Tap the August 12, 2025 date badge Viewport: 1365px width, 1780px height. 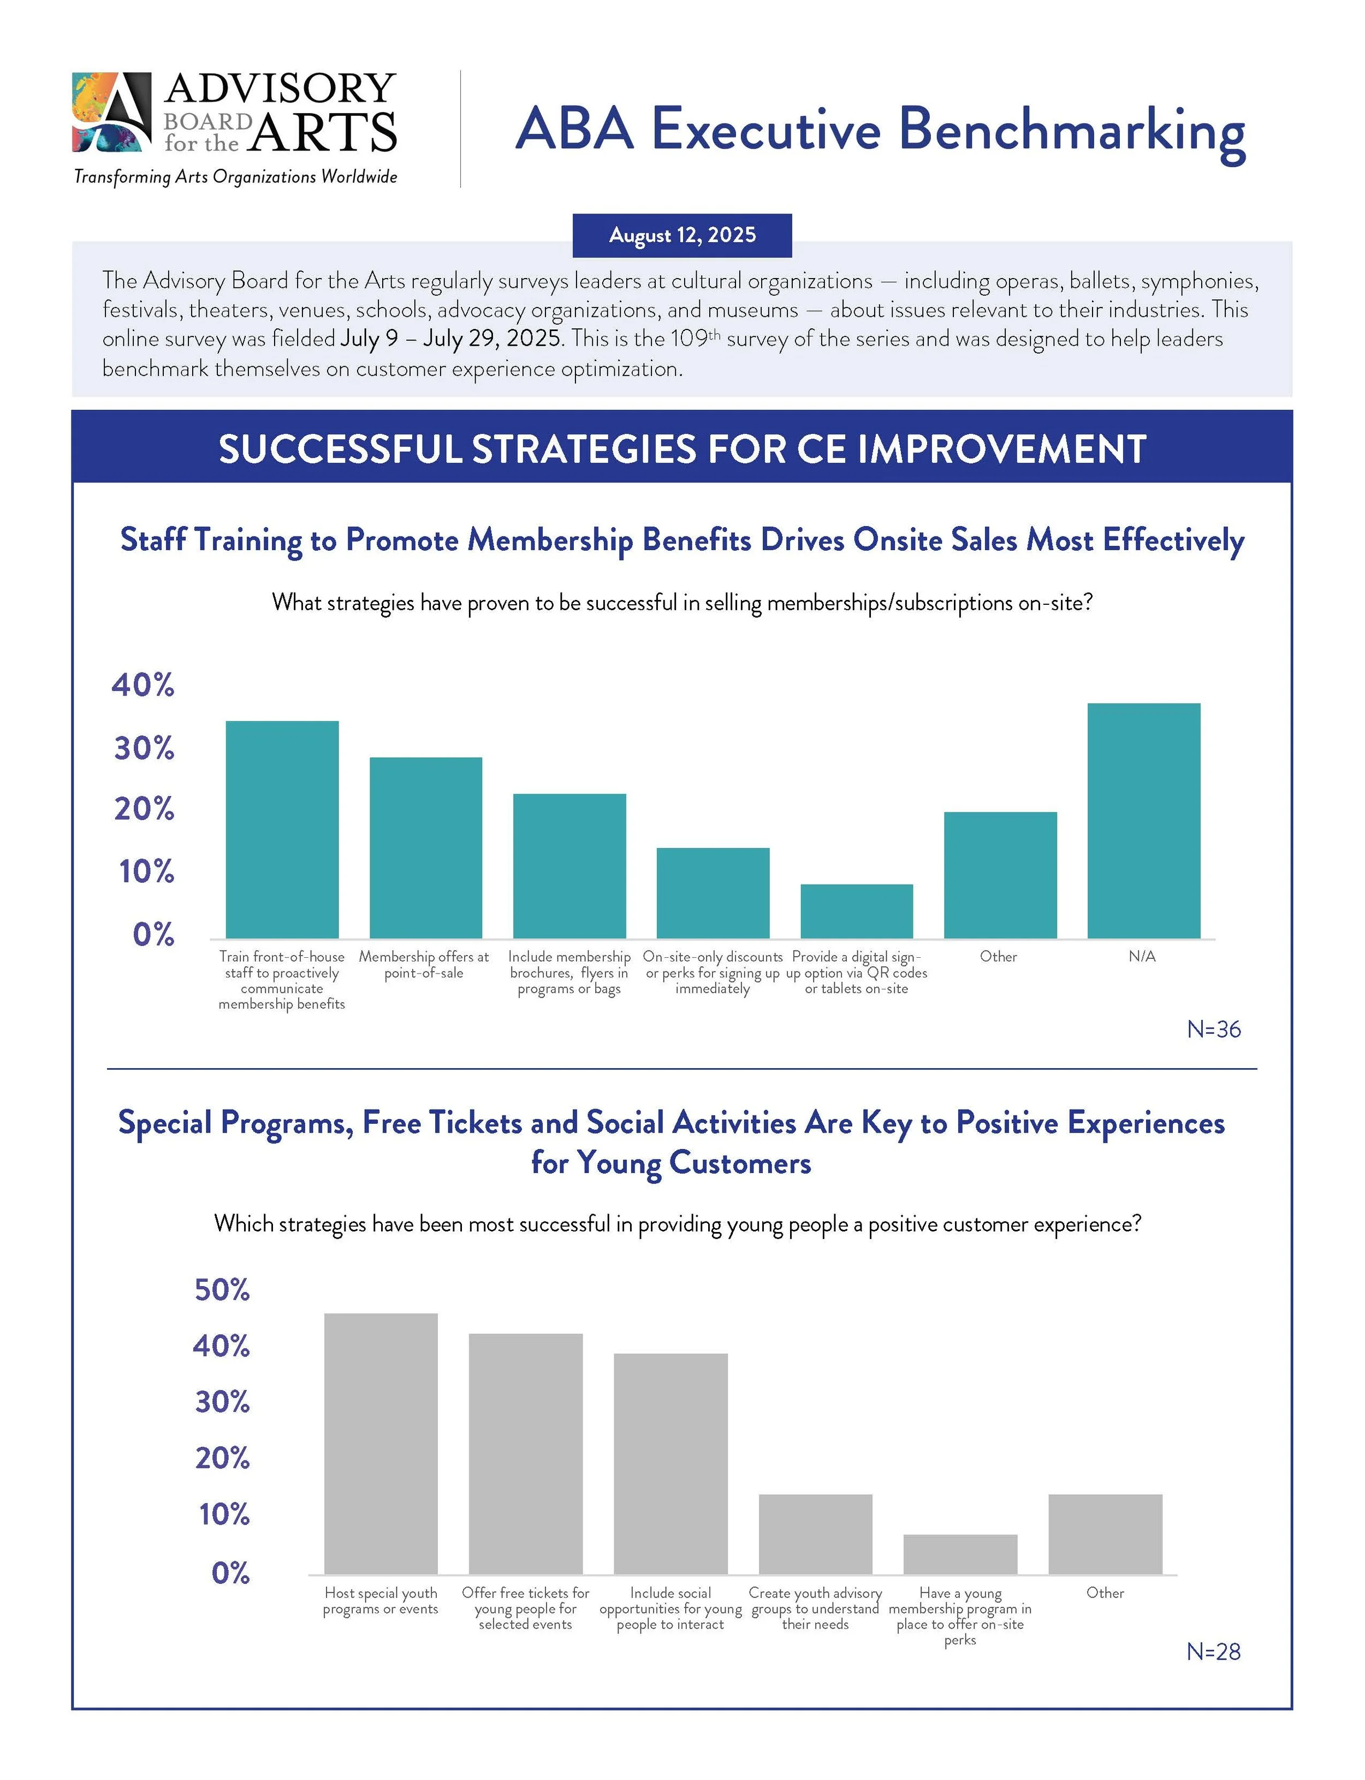682,235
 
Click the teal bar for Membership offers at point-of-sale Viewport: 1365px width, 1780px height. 426,848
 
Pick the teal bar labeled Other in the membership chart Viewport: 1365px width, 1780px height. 1000,875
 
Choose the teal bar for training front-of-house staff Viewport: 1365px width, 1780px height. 282,829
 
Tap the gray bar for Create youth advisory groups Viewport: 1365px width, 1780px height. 815,1534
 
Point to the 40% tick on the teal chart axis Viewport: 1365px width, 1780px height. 143,685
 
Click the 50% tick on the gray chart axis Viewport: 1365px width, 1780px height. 222,1290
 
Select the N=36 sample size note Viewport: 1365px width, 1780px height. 1213,1029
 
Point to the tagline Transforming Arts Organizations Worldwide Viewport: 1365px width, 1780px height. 236,176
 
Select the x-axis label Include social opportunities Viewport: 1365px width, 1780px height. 670,1608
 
